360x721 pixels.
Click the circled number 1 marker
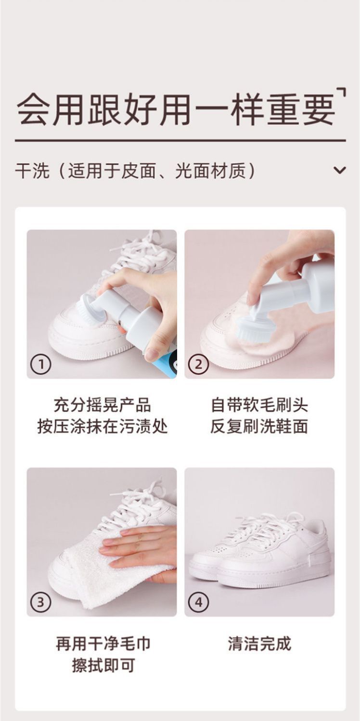tap(40, 365)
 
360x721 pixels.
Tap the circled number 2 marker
tap(198, 365)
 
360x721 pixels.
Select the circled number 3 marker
tap(40, 602)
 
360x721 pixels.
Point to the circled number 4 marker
tap(198, 602)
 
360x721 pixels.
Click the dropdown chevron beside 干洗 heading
tap(339, 170)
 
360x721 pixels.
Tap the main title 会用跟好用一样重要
tap(176, 110)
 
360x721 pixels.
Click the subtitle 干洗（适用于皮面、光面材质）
tap(136, 170)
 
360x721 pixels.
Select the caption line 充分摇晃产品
tap(102, 405)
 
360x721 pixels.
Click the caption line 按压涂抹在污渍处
tap(102, 427)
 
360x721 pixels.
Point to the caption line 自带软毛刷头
tap(259, 405)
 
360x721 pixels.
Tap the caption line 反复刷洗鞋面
tap(259, 427)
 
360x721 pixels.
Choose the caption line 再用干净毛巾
tap(103, 644)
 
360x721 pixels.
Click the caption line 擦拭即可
tap(103, 665)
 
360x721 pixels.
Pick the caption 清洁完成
tap(259, 644)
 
